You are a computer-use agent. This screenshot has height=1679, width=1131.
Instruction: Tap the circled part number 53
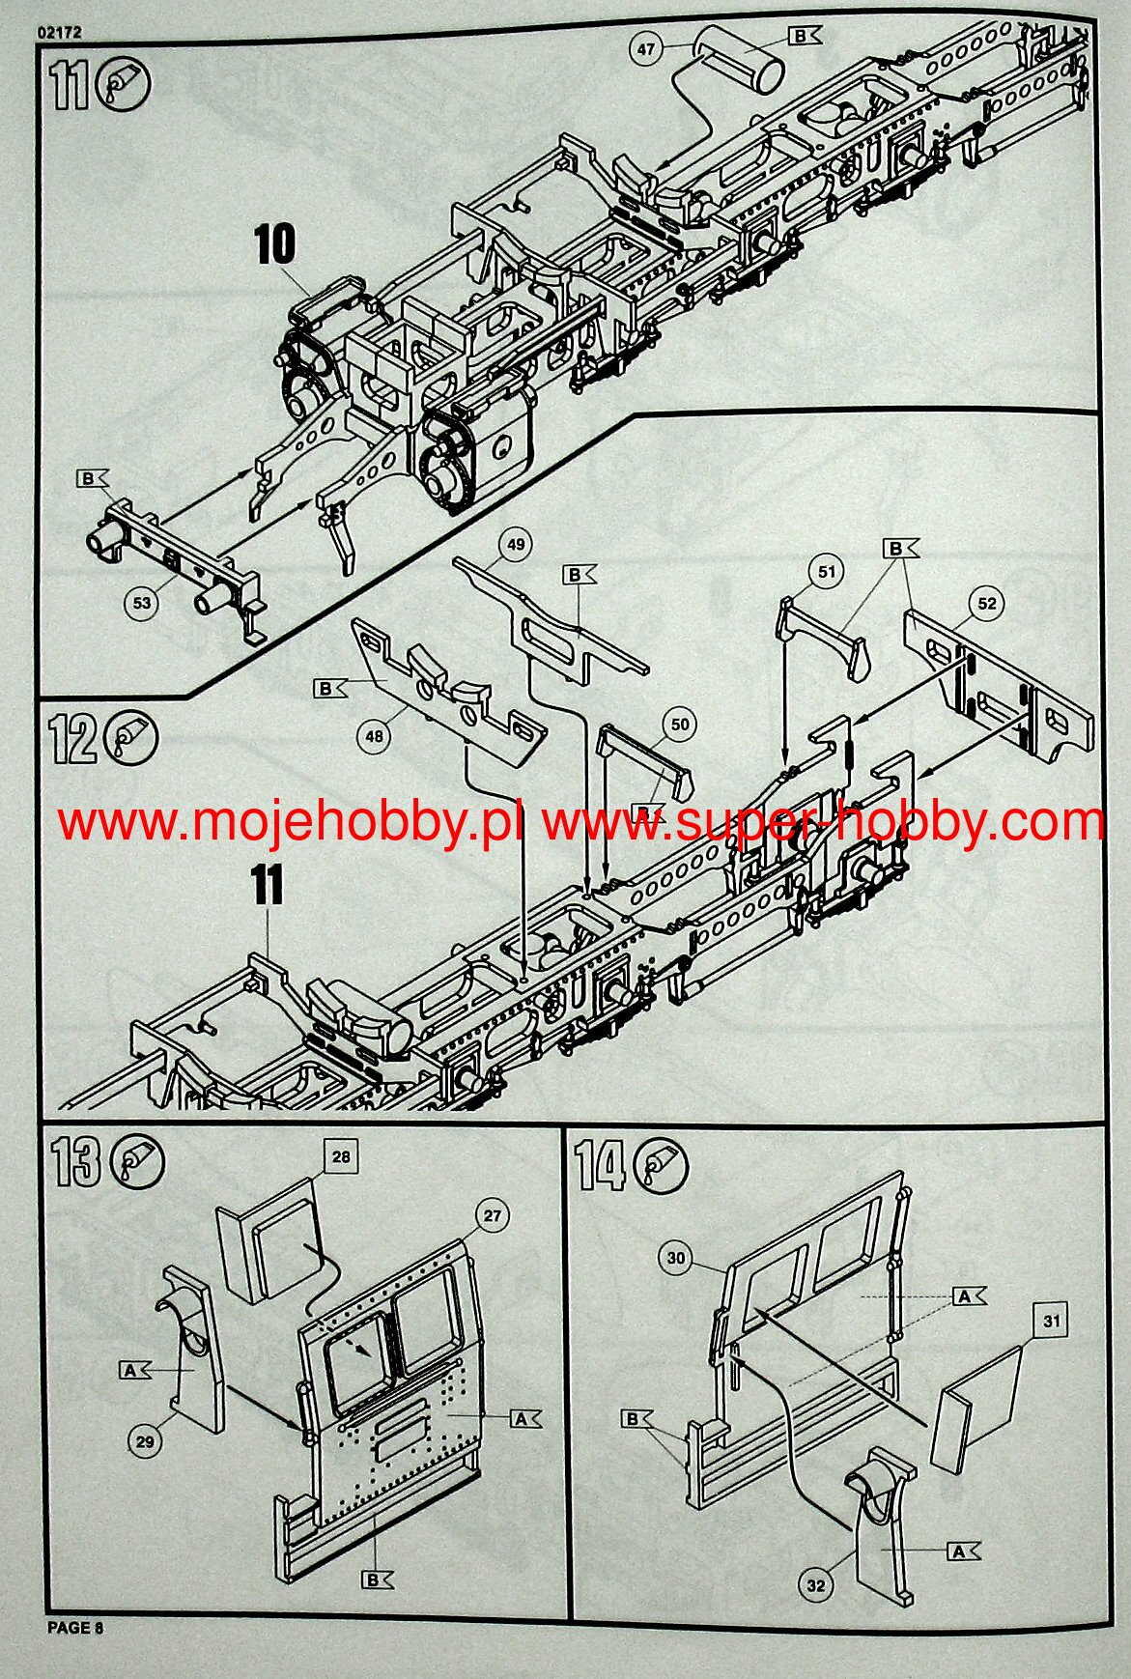coord(142,604)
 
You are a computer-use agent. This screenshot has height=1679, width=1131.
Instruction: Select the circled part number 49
coord(516,545)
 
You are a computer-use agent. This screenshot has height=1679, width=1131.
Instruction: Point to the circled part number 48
coord(374,736)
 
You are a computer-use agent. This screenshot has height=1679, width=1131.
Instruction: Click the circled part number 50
coord(680,725)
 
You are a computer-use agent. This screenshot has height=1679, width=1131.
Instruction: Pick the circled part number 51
coord(827,572)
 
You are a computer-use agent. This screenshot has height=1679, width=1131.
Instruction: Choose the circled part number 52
coord(987,604)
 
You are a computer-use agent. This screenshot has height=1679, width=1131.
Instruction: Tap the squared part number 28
coord(342,1157)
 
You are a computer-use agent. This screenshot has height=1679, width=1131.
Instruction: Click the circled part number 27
coord(493,1215)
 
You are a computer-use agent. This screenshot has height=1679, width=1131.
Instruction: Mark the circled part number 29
coord(144,1443)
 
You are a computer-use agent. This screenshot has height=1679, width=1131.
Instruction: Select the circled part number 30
coord(676,1258)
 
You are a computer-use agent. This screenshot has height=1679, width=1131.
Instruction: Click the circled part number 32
coord(817,1585)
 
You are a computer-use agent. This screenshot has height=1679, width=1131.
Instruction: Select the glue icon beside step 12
coord(132,739)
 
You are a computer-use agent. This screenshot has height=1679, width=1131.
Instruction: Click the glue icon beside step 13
coord(138,1162)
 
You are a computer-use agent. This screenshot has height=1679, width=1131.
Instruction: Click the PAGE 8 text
coord(75,1628)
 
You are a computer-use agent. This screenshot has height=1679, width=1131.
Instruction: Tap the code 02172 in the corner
coord(59,32)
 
